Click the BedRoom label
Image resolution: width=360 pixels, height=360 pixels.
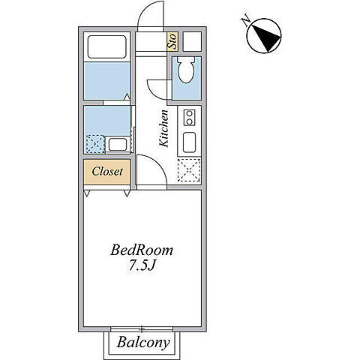142,250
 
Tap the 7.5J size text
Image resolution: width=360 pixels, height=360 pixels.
142,265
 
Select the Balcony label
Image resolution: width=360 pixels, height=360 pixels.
143,343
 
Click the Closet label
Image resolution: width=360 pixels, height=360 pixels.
107,172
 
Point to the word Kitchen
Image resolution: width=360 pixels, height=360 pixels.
164,128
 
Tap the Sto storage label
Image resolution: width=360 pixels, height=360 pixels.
172,41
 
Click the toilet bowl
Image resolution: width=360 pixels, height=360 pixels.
186,70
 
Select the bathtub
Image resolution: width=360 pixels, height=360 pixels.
106,46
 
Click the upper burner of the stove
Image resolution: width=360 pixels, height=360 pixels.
189,114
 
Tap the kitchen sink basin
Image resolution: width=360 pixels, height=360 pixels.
189,142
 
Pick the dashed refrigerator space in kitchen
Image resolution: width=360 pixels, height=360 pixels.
189,170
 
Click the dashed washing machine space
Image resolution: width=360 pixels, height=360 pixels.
95,144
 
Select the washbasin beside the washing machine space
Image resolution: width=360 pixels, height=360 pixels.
118,145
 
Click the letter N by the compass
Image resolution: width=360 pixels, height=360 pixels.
246,21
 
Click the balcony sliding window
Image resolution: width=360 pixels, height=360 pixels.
142,329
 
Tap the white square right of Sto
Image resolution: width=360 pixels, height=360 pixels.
192,42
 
